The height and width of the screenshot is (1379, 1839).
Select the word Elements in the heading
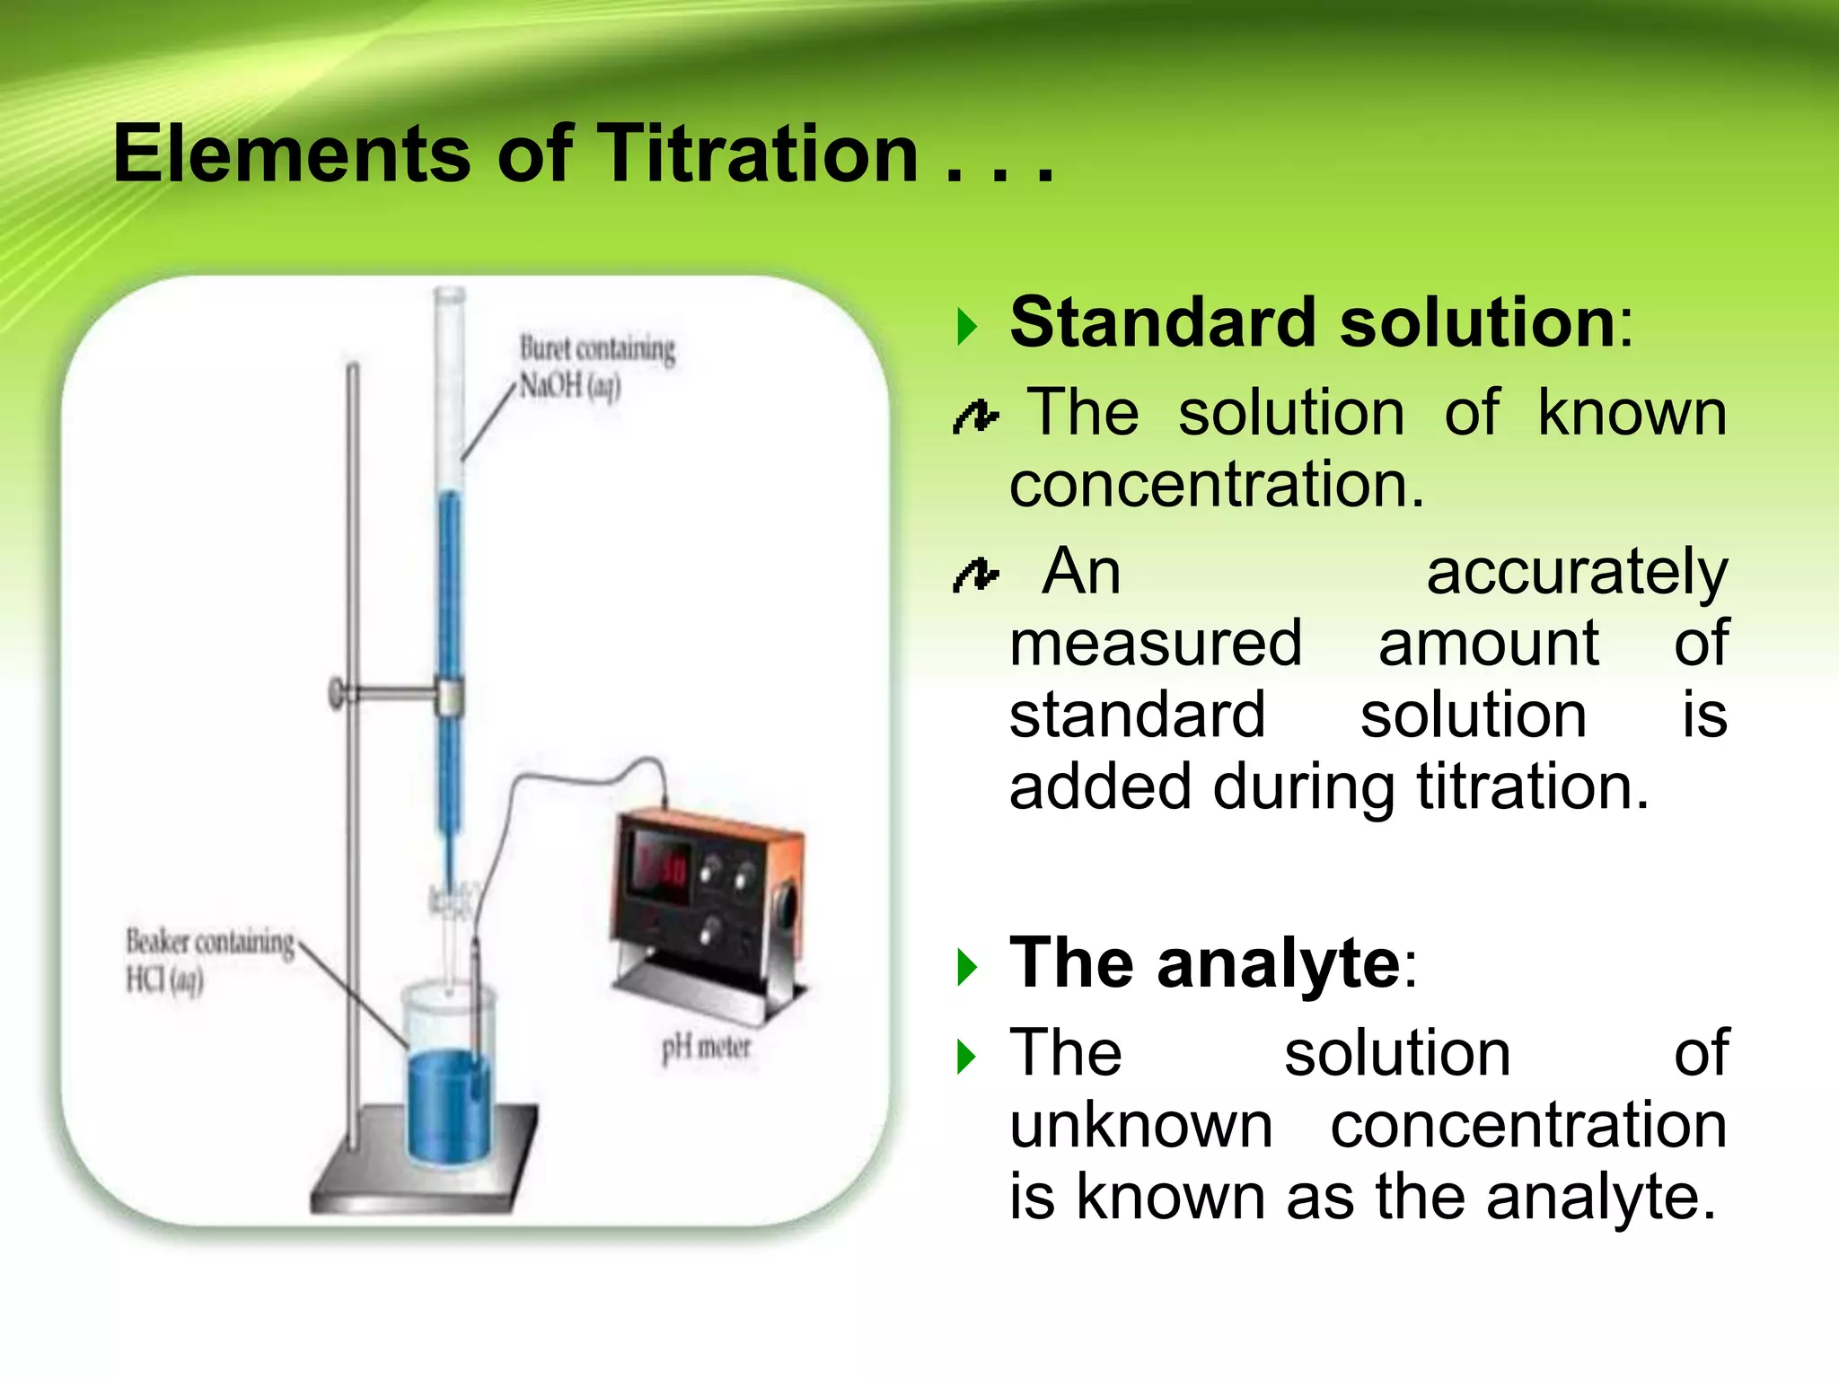pos(291,154)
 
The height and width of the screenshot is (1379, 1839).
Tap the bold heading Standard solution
pos(1313,322)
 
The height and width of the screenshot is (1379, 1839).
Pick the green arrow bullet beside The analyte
pos(966,967)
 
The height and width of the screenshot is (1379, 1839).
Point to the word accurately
pos(1577,573)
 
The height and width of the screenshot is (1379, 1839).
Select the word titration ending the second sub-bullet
pos(1534,787)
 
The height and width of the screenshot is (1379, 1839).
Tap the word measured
pos(1156,644)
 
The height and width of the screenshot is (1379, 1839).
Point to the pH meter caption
pos(706,1047)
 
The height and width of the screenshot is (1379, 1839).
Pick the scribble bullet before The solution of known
pos(975,417)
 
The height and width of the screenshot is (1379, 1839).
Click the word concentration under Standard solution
pos(1217,486)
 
